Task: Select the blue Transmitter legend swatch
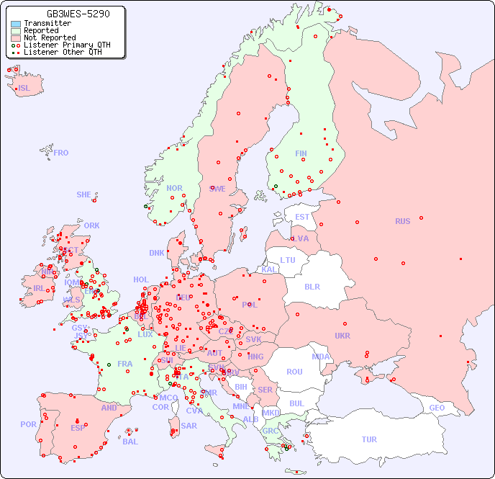point(16,24)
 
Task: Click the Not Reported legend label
point(49,38)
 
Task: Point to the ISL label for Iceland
point(24,89)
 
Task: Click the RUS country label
point(402,221)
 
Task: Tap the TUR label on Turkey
point(369,439)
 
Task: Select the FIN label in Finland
point(301,153)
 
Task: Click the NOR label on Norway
point(174,188)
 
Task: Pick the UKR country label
point(342,336)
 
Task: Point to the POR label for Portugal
point(28,424)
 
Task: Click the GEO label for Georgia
point(437,408)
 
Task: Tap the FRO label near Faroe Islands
point(61,153)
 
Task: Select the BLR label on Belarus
point(312,286)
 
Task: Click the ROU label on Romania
point(294,372)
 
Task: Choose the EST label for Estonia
point(302,217)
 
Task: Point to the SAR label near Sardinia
point(189,426)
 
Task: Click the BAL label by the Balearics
point(130,442)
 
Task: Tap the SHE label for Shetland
point(84,194)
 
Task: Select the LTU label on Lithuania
point(288,260)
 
